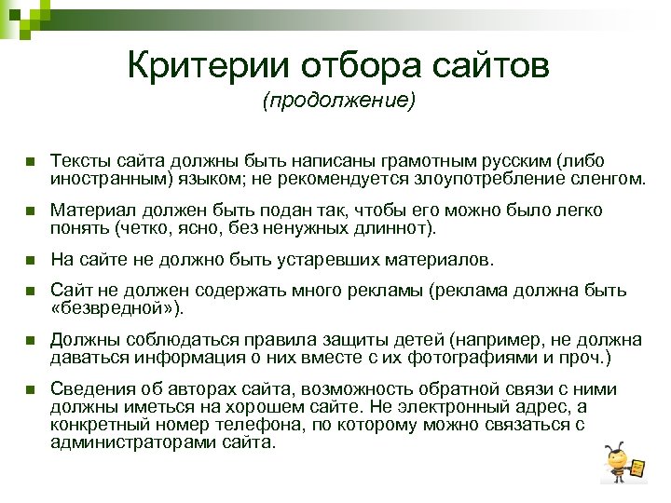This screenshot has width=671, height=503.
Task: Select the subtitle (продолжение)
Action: pos(337,100)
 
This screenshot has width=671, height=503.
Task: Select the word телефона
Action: pos(260,424)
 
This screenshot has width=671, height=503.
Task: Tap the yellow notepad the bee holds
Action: pos(639,466)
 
